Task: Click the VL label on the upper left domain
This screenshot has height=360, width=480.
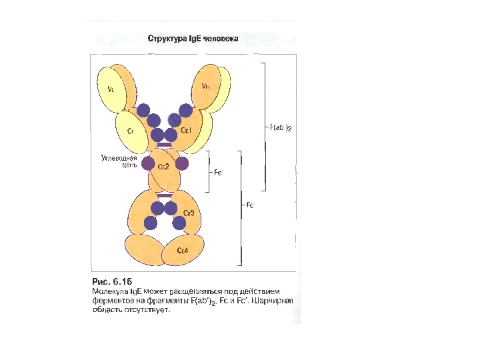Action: click(111, 87)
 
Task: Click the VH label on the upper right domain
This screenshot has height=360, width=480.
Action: click(206, 87)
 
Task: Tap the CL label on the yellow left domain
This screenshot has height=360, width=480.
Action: click(131, 131)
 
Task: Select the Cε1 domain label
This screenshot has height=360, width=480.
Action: click(186, 131)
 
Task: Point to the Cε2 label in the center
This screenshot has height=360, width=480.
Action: click(163, 167)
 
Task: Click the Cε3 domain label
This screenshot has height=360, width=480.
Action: click(189, 213)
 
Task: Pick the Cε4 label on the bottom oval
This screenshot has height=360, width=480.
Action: click(182, 250)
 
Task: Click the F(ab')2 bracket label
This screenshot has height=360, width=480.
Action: click(281, 127)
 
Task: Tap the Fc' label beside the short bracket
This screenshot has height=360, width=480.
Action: click(218, 172)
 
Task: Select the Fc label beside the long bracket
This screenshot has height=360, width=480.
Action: click(250, 205)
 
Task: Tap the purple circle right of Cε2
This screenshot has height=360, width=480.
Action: click(182, 163)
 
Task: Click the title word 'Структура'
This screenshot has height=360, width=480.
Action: click(166, 38)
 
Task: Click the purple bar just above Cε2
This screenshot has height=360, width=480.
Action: click(164, 144)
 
